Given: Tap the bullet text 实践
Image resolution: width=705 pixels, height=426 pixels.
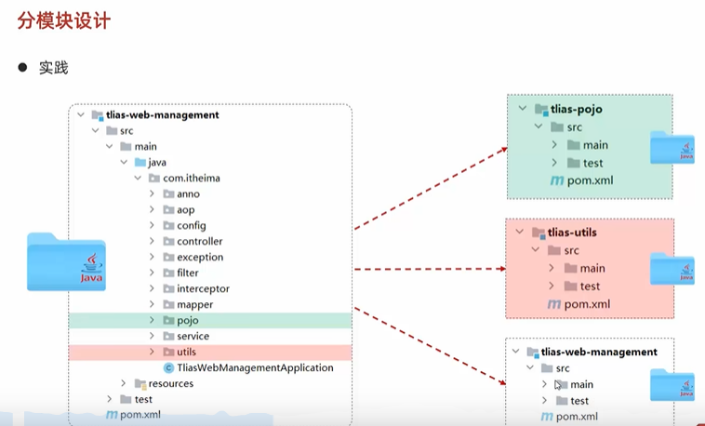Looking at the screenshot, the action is tap(53, 68).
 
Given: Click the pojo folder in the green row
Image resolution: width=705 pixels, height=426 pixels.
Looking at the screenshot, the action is tap(187, 320).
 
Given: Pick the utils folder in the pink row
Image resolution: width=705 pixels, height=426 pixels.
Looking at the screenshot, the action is tap(186, 352).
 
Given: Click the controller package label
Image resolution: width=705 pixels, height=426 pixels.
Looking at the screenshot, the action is tap(200, 241).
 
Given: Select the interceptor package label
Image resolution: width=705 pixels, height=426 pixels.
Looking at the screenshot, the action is tap(203, 288).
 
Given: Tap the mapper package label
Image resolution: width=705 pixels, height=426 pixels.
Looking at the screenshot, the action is tap(194, 304).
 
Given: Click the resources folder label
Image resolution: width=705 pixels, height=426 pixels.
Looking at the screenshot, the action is tap(170, 383).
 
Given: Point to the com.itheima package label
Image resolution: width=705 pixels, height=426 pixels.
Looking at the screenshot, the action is tap(192, 178).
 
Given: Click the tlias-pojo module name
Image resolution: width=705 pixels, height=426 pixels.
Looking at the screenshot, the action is tap(577, 109).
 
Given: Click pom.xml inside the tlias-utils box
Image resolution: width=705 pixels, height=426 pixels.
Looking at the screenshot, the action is tap(587, 304).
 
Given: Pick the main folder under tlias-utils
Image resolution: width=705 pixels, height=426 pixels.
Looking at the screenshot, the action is tap(592, 268).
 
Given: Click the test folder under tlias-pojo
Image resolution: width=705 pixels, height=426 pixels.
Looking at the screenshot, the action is tap(592, 163).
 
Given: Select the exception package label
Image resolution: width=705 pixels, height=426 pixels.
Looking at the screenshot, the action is tap(200, 257).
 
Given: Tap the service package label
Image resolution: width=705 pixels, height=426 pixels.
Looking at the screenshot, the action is tap(193, 336).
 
